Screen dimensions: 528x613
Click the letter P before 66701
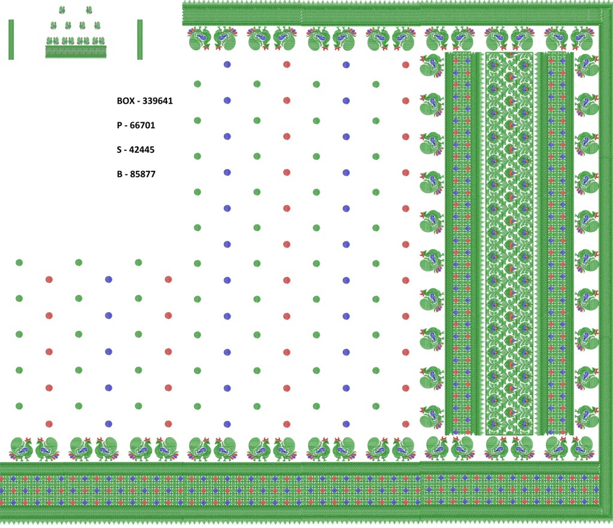click(120, 125)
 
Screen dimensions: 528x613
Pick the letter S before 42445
click(120, 150)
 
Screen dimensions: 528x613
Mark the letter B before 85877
click(120, 174)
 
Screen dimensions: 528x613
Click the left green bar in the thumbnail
click(11, 40)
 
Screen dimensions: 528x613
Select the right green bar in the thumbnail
click(139, 40)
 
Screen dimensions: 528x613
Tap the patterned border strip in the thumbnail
click(76, 52)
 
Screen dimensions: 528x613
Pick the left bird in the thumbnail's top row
click(62, 10)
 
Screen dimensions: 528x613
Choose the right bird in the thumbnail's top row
click(89, 10)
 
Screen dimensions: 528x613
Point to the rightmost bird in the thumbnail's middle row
click(96, 25)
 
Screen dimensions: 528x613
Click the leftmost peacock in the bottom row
click(21, 449)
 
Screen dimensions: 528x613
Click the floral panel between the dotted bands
click(509, 243)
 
